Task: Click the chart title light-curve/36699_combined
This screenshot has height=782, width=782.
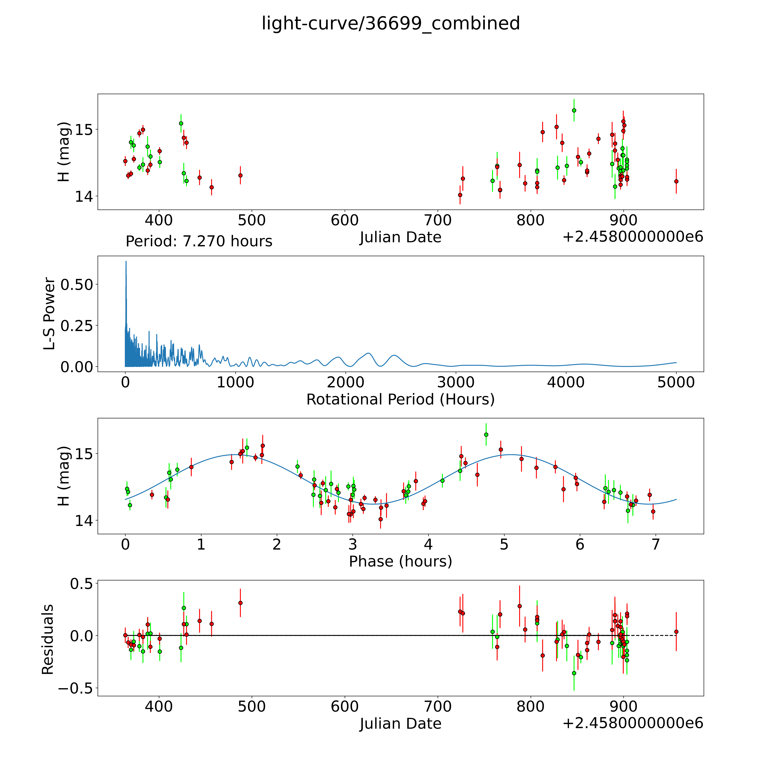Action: click(x=391, y=23)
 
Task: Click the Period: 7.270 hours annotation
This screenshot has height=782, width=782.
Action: click(x=199, y=241)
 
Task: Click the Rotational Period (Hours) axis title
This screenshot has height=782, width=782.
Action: click(x=400, y=400)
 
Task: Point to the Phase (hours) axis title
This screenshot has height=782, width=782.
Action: click(x=400, y=561)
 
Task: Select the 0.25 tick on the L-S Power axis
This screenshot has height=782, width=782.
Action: click(x=77, y=325)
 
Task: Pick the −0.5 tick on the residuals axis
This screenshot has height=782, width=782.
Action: click(x=76, y=688)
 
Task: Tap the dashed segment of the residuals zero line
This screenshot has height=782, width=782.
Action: click(x=652, y=635)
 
